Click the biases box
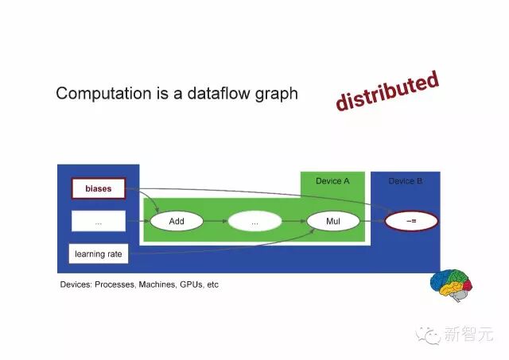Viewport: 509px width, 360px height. click(99, 189)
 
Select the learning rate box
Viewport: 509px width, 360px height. click(99, 254)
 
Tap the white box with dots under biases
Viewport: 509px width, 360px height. click(99, 222)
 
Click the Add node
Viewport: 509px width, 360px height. click(177, 222)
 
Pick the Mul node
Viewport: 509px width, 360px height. click(332, 222)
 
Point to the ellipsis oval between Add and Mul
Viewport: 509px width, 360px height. click(254, 222)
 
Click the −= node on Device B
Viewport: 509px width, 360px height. click(412, 221)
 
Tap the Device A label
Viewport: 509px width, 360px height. click(332, 181)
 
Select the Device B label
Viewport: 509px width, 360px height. click(406, 181)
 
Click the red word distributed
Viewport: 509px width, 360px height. click(387, 91)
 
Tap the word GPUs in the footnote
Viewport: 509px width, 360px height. click(188, 284)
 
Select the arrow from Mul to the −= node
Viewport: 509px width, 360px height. click(372, 222)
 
